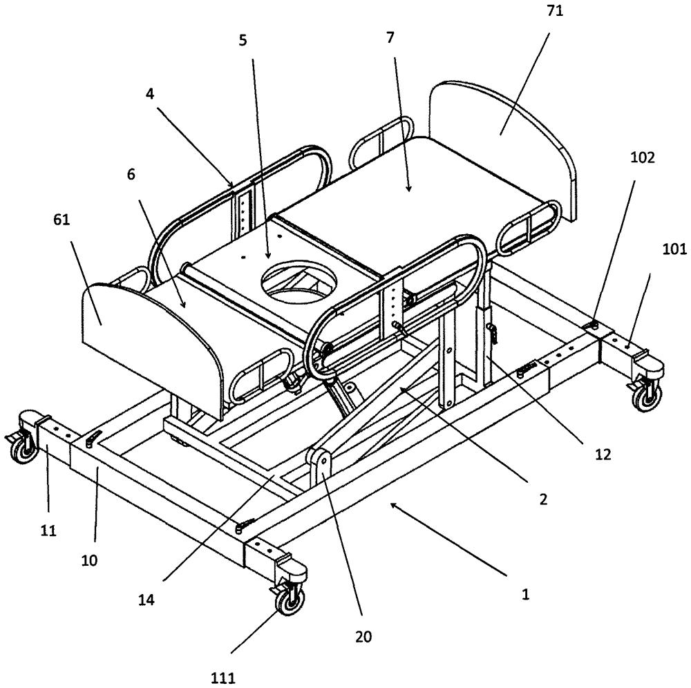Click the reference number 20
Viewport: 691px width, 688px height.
364,636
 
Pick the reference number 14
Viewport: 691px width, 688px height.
146,600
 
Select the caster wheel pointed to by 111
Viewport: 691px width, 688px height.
289,600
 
